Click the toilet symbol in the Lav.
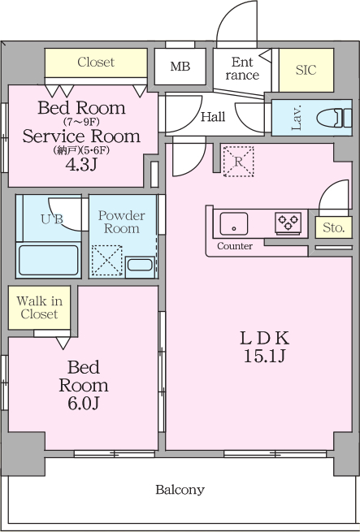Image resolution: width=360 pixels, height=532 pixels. [x=335, y=118]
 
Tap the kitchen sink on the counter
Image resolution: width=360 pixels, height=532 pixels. [x=234, y=223]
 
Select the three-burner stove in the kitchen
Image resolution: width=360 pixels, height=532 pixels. [x=288, y=223]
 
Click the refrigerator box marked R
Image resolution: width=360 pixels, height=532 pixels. [x=238, y=162]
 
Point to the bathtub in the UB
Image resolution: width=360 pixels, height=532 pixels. [x=48, y=260]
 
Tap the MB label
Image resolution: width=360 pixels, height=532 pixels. [x=180, y=67]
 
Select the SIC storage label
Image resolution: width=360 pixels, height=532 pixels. [x=306, y=70]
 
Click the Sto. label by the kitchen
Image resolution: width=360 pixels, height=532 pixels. [x=333, y=227]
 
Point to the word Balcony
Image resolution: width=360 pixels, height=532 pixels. [x=180, y=490]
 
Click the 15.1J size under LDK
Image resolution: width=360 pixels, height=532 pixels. [x=264, y=357]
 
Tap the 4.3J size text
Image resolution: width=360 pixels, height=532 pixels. [x=81, y=165]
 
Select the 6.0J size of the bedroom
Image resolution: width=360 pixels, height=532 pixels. [x=83, y=404]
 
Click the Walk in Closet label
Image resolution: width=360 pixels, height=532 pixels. [x=39, y=307]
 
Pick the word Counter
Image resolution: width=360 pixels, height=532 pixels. [x=235, y=246]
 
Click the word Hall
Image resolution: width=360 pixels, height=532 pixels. [x=213, y=117]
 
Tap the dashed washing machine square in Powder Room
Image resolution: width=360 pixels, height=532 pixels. [x=107, y=260]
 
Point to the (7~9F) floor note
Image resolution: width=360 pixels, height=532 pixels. [x=81, y=121]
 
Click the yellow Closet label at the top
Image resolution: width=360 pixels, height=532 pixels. [x=96, y=62]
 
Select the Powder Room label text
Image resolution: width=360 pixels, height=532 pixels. [x=121, y=222]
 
